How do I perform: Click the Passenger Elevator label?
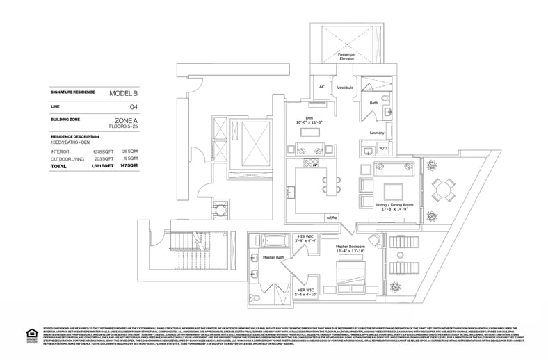[x=346, y=56]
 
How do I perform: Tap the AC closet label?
[x=322, y=87]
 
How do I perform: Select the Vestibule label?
[x=346, y=88]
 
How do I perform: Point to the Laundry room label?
[x=377, y=132]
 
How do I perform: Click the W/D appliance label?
[x=382, y=148]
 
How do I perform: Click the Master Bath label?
[x=273, y=258]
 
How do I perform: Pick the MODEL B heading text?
[x=124, y=92]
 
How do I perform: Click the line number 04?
[x=134, y=106]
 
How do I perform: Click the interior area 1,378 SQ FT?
[x=102, y=151]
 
